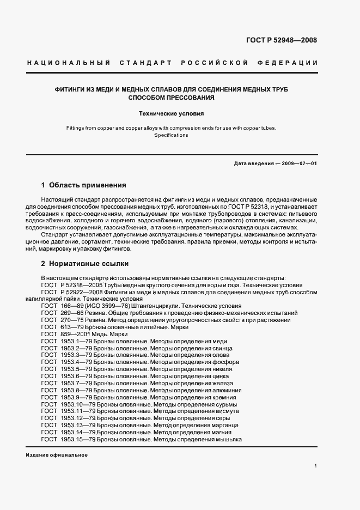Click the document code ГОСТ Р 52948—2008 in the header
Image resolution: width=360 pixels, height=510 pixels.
[x=282, y=40]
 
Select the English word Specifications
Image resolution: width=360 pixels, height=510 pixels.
[x=171, y=135]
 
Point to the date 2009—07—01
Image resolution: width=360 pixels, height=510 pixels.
[x=298, y=163]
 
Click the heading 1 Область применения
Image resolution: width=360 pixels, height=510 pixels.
[x=84, y=185]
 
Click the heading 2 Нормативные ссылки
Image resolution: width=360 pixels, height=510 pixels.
[x=84, y=264]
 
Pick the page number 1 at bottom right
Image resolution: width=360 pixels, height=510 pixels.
[x=316, y=465]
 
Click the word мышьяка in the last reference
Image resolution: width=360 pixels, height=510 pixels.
[x=229, y=439]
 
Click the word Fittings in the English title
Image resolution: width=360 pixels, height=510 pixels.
[x=76, y=128]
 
